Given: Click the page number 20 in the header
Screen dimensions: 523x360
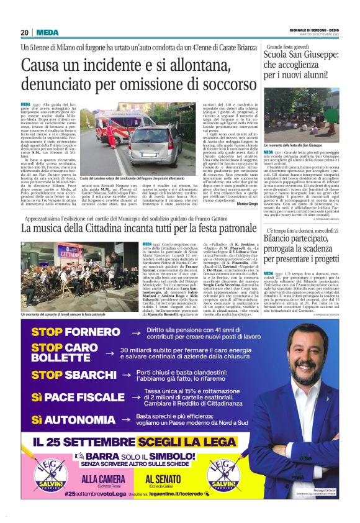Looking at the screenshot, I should [x=25, y=32].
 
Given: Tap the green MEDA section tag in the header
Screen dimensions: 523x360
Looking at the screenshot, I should [x=47, y=32].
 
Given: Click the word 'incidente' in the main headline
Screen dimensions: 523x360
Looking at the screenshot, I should [x=127, y=65].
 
